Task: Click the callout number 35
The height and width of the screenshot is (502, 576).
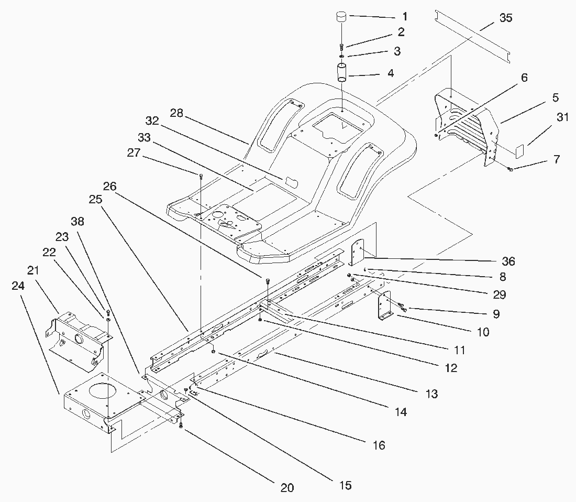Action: coord(505,18)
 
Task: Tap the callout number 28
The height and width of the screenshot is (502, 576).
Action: coord(176,113)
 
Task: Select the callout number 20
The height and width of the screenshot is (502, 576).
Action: coord(287,488)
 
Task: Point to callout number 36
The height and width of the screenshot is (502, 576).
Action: coord(508,261)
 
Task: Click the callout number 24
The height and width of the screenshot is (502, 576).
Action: coord(18,286)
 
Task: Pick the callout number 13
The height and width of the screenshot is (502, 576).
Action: coord(431,394)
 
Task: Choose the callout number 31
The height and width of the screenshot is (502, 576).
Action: coord(562,117)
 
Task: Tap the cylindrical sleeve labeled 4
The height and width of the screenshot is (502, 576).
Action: coord(342,72)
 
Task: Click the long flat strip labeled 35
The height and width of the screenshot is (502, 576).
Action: coord(473,37)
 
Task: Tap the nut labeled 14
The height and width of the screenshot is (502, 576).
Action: coord(213,352)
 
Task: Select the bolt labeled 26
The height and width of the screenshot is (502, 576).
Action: coord(268,281)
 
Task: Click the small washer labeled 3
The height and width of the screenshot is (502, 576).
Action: coord(342,56)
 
